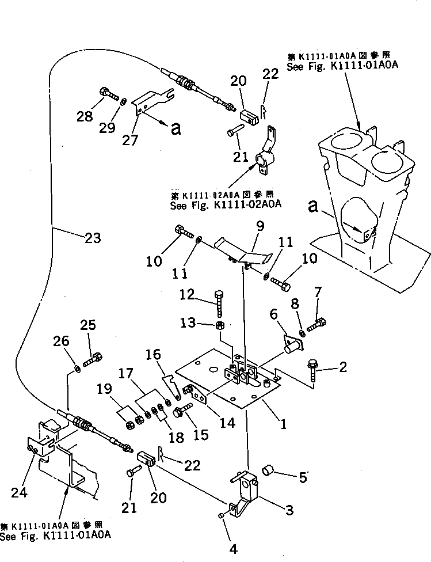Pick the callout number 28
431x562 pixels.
pos(85,117)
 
